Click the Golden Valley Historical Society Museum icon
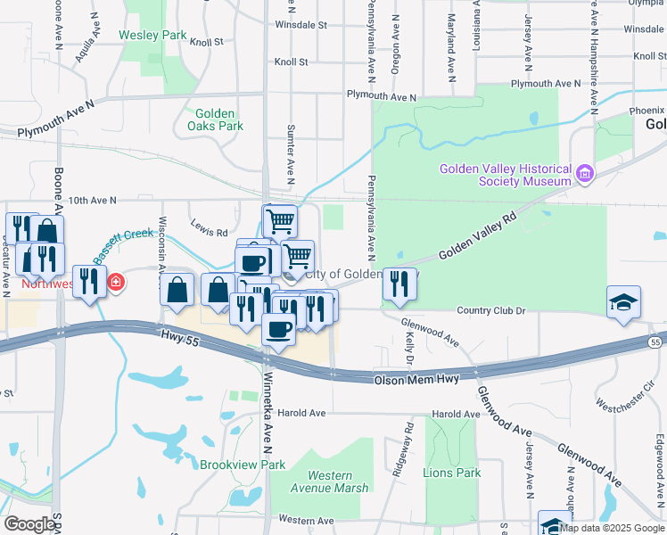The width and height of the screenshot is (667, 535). click(585, 172)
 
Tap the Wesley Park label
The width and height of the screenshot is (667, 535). click(152, 37)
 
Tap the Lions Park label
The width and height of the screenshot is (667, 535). click(452, 473)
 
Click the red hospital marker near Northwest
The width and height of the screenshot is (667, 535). click(116, 284)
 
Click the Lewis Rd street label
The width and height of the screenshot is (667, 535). click(209, 233)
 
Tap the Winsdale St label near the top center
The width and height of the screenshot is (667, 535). click(301, 25)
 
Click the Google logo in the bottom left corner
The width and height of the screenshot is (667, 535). click(29, 524)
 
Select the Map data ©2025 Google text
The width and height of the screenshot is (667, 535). click(612, 528)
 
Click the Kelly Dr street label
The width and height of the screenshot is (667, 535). click(409, 349)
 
